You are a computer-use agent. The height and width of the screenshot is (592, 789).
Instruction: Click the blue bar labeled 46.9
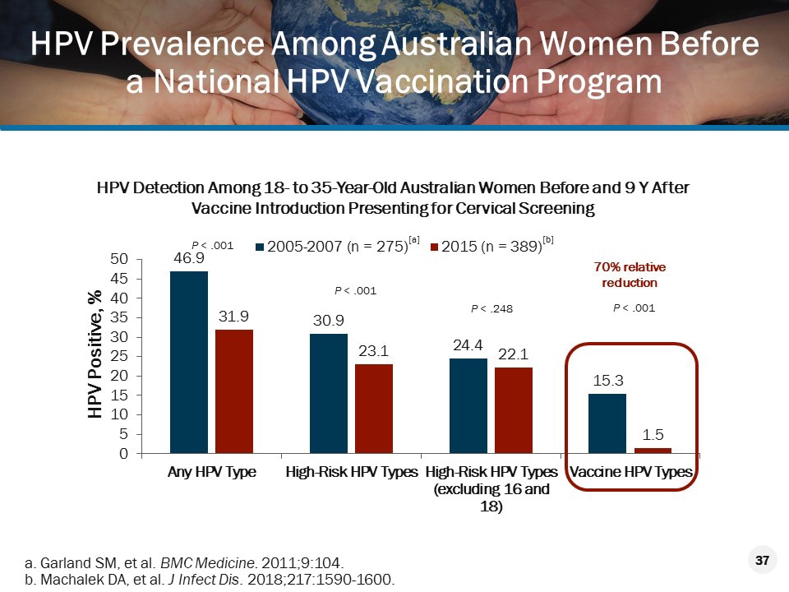188,362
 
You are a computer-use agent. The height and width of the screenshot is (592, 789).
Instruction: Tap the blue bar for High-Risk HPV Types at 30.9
328,393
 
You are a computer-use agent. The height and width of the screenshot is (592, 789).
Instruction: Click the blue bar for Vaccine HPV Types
607,423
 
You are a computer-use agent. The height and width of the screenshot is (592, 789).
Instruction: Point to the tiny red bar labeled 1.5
653,451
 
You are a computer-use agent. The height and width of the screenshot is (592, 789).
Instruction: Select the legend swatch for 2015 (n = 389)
436,246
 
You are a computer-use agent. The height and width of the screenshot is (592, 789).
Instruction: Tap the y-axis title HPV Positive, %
96,355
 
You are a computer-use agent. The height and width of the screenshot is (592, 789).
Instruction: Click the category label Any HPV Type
212,473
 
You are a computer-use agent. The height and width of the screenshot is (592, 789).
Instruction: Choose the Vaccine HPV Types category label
631,473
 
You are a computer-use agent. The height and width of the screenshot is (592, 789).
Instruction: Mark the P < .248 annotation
491,309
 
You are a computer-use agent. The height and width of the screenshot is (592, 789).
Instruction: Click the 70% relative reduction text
630,275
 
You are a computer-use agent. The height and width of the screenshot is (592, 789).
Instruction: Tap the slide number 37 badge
761,561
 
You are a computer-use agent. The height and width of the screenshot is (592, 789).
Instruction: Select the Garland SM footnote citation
185,562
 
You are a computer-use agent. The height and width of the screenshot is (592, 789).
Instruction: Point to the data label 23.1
374,349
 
